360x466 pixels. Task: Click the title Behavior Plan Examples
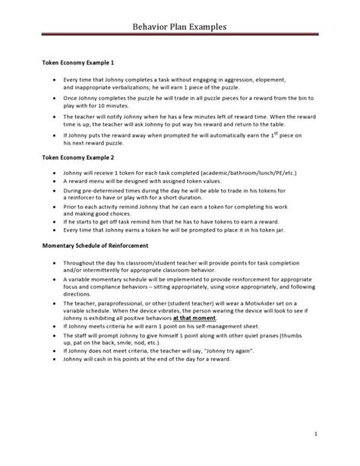180,28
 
